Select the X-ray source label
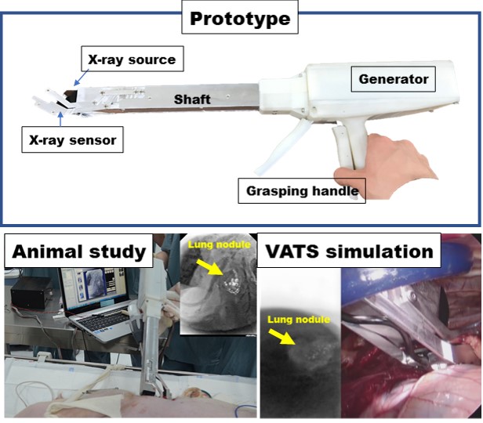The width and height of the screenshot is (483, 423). [x=133, y=59]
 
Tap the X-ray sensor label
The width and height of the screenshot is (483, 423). [x=72, y=139]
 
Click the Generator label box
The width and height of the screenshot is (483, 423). [x=394, y=79]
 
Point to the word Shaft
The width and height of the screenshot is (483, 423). [x=192, y=99]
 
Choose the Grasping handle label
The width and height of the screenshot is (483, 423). [x=302, y=190]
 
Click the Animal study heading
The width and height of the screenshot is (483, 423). [x=78, y=251]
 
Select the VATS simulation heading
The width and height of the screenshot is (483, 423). [x=349, y=251]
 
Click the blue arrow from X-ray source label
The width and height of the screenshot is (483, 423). [x=82, y=78]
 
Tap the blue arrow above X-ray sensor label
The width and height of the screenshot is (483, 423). [x=60, y=119]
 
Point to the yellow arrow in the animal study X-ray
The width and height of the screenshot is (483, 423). [x=209, y=267]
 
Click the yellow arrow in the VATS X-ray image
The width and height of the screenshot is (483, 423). [x=281, y=336]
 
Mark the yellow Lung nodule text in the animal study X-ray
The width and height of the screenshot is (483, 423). [x=219, y=244]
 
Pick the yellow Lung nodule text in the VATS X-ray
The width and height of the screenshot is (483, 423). [x=299, y=320]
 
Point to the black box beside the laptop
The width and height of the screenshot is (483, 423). [x=31, y=294]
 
